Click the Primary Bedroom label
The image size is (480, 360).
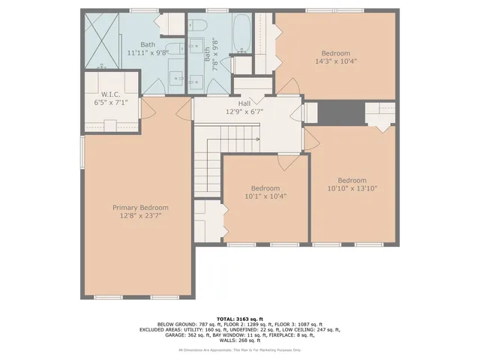coord(140,208)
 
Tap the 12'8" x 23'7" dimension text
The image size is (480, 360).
coord(140,215)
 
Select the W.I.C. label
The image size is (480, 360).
coord(106,94)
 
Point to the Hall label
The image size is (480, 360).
coord(244,104)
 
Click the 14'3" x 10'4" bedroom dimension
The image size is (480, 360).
coord(335,61)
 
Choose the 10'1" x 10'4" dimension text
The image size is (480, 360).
coord(265,196)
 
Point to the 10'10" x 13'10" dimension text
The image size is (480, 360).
coord(352,188)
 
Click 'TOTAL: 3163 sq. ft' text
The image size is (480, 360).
coord(240,319)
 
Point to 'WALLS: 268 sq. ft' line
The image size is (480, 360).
coord(240,340)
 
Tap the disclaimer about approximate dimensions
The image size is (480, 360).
coord(240,349)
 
